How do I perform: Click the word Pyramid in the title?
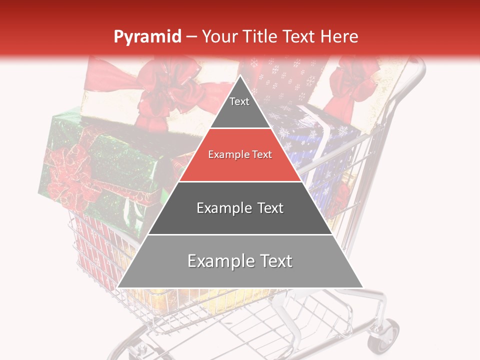(x=147, y=37)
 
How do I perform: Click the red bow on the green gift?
(x=67, y=172)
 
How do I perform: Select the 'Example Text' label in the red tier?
(x=240, y=155)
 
